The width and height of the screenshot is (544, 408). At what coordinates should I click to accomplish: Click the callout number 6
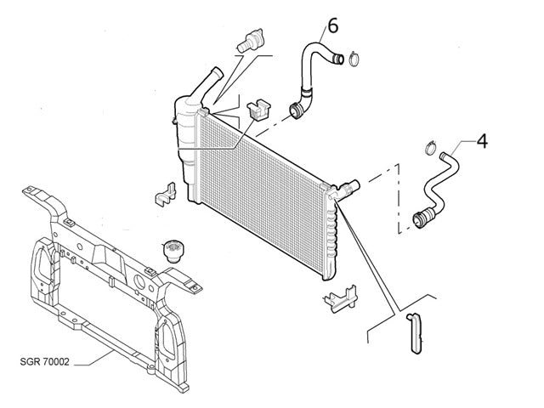(331, 26)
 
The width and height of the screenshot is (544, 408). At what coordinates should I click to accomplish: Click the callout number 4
(481, 139)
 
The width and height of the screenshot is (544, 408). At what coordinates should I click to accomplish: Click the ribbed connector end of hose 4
(421, 219)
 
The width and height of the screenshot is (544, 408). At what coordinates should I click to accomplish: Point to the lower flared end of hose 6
(295, 110)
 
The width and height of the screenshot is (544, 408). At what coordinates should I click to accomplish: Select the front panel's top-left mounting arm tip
(30, 190)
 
